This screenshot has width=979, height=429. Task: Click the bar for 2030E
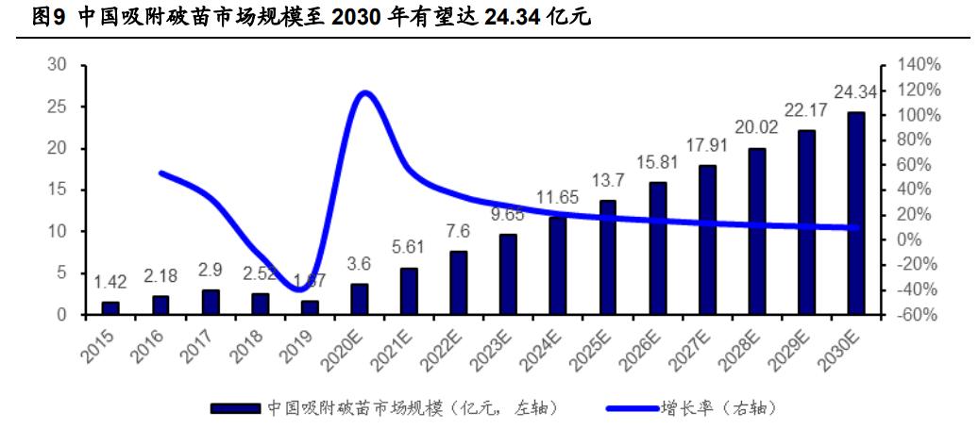click(855, 213)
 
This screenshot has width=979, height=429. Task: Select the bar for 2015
click(110, 308)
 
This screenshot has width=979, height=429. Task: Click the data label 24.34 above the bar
click(855, 92)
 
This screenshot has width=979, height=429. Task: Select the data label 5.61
click(409, 248)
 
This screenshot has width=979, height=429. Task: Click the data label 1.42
click(110, 282)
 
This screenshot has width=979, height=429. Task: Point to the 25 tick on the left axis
click(58, 107)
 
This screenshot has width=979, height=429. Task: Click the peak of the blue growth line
click(364, 92)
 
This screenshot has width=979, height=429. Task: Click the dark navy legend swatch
click(235, 408)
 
